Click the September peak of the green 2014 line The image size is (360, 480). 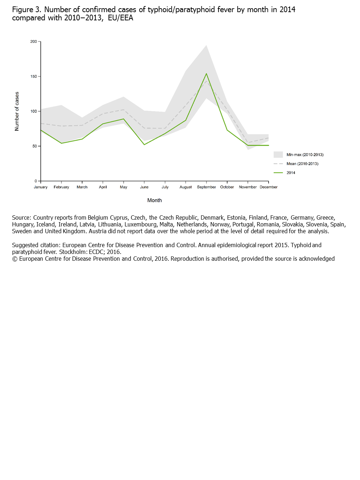point(206,74)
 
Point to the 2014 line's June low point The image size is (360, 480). point(144,145)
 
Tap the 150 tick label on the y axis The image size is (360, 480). point(34,76)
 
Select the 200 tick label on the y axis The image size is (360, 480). point(34,41)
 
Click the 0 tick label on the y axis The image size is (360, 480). point(36,181)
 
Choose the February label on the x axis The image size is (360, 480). point(61,187)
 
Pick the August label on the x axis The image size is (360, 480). point(186,187)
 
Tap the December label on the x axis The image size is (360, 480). point(269,187)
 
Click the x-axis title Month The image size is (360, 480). point(155,200)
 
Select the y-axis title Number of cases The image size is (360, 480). point(17,111)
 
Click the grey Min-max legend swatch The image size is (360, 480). point(278,155)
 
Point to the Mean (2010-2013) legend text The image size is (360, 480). point(302,164)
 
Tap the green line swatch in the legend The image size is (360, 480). point(278,173)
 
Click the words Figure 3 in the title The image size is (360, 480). point(26,10)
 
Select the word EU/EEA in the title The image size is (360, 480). point(120,18)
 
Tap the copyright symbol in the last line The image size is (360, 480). point(15,259)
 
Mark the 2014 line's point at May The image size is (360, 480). point(124,119)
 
